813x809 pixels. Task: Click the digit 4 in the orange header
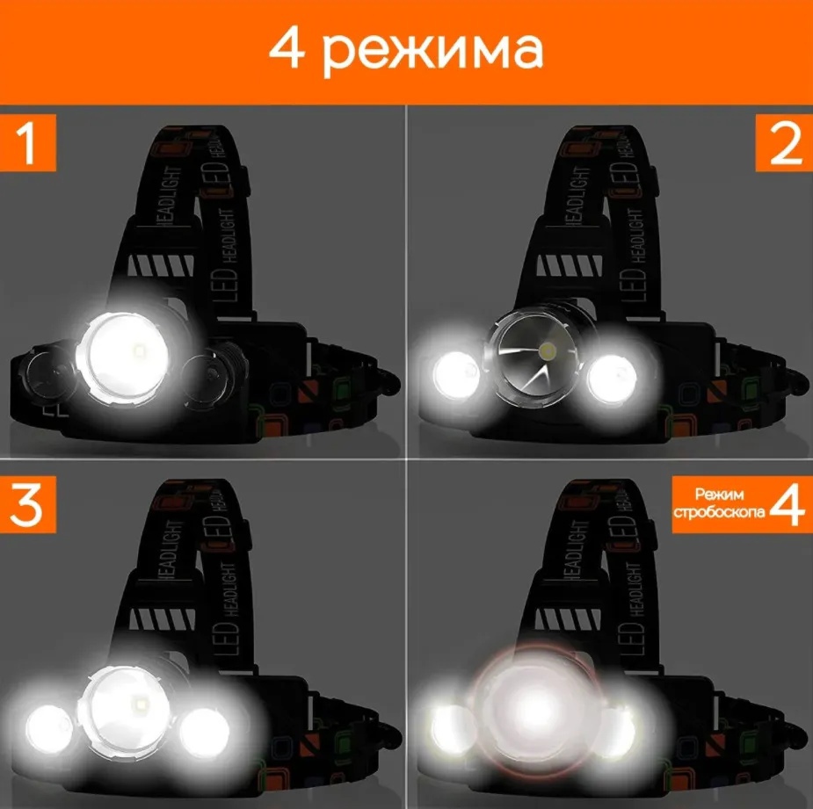click(286, 50)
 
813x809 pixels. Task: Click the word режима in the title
click(434, 54)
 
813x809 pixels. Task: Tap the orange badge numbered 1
click(27, 143)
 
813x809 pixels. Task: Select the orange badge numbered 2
click(785, 143)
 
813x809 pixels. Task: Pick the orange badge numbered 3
click(27, 505)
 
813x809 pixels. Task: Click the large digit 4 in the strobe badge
click(788, 505)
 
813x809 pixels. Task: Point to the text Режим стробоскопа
click(719, 502)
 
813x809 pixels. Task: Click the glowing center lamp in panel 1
click(125, 358)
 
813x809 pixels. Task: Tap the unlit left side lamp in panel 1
click(48, 372)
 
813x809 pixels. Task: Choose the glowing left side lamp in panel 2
click(457, 375)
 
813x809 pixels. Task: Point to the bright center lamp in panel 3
click(126, 711)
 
